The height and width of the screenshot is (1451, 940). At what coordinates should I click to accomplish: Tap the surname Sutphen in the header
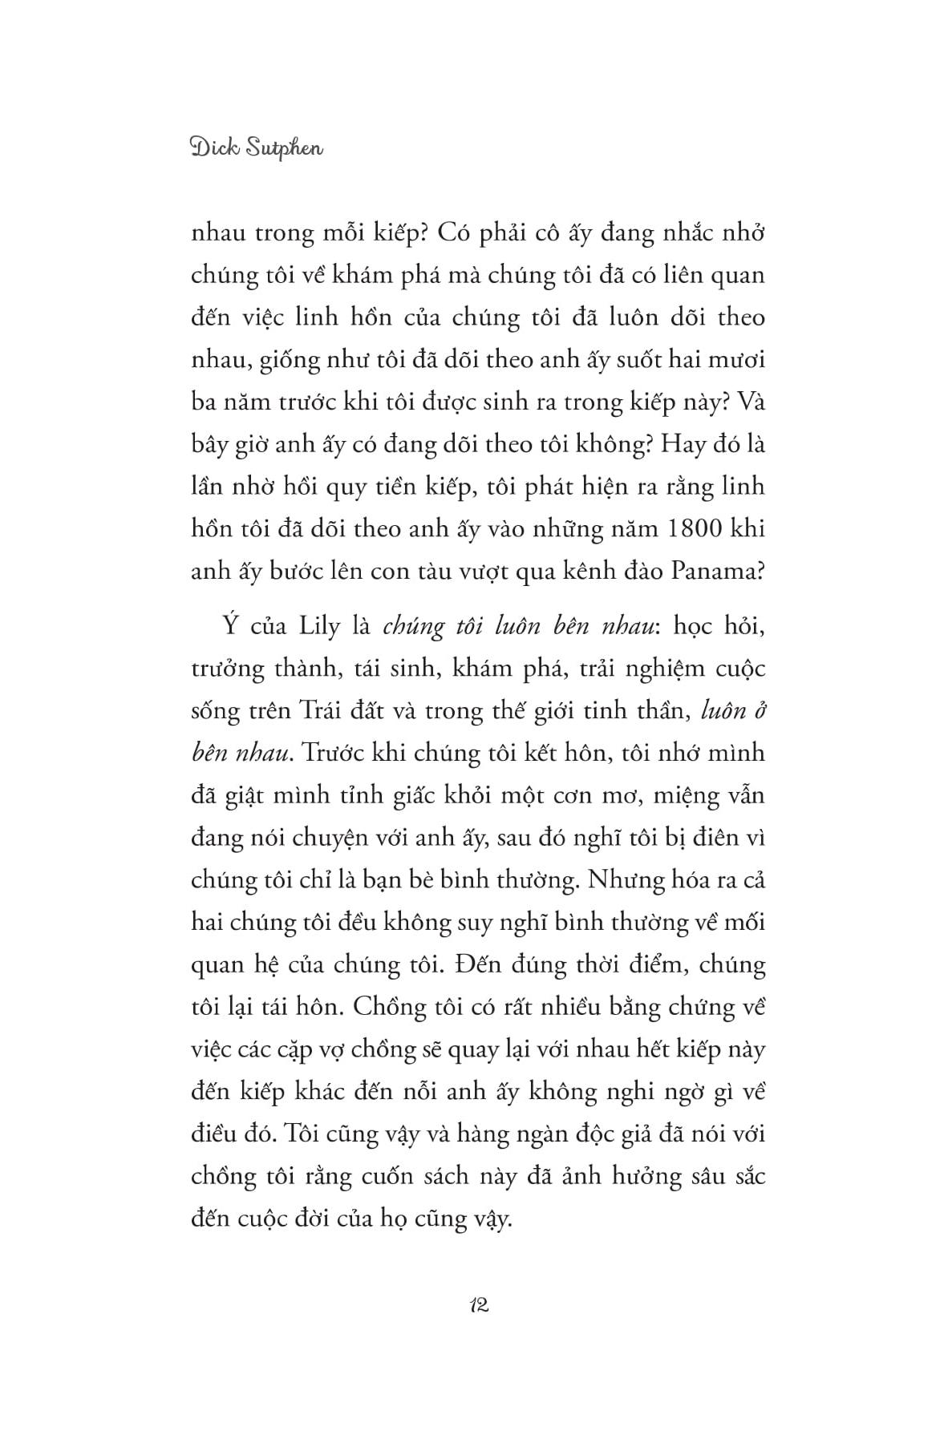coord(285,149)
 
